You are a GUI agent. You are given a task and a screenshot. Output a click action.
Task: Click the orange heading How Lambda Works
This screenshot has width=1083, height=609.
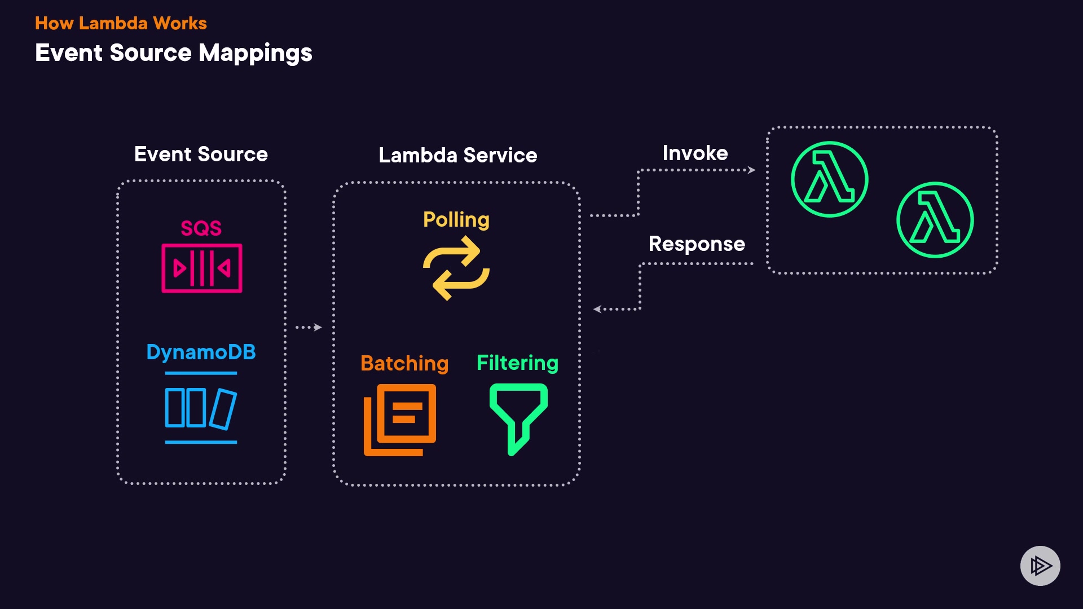[x=121, y=23]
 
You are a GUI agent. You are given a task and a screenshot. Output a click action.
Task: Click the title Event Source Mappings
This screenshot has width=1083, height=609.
[x=173, y=53]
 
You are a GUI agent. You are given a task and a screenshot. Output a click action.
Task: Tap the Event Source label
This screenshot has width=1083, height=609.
[x=201, y=154]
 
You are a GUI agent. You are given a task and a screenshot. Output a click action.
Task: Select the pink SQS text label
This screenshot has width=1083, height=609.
[x=201, y=228]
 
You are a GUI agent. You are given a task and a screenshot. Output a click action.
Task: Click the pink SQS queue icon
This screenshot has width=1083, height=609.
[x=202, y=268]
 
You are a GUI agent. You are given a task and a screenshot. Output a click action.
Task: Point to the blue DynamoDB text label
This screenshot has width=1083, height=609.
[x=201, y=352]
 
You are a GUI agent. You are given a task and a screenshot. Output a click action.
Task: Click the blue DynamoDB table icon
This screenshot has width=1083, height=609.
[x=201, y=408]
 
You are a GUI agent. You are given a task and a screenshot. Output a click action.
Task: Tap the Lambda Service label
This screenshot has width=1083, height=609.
[x=457, y=155]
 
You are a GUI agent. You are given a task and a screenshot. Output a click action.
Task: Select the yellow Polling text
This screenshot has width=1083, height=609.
[x=456, y=219]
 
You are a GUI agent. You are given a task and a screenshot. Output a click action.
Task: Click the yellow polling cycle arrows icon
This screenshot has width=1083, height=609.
[x=456, y=268]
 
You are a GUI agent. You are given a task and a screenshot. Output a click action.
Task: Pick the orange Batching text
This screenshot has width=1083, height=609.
[x=404, y=363]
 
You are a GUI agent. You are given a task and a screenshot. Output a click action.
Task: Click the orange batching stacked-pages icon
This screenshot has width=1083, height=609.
[x=400, y=420]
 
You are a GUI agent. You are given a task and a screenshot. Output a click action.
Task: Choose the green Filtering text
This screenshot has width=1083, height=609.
[x=517, y=363]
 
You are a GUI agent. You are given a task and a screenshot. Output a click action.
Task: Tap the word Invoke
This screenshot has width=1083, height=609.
[x=695, y=153]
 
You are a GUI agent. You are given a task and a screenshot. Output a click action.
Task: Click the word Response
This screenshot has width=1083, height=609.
[x=697, y=244]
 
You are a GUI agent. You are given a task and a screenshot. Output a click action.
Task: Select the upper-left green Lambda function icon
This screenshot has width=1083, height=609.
[x=829, y=179]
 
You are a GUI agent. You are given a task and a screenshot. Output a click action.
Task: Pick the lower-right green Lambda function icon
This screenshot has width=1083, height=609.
[x=935, y=220]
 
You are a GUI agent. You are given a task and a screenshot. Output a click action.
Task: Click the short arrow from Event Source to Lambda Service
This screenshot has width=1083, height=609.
[x=309, y=327]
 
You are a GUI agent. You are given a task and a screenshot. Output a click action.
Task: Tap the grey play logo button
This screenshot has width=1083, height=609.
[x=1040, y=566]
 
